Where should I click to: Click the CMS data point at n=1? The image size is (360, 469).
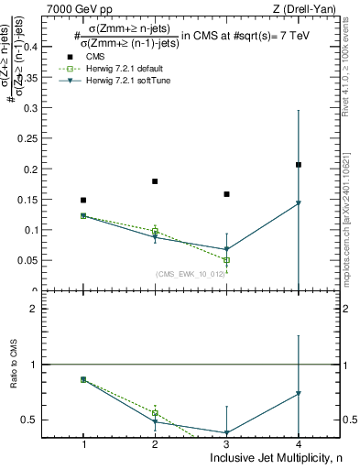pyautogui.click(x=83, y=200)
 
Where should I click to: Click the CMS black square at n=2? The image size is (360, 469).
pyautogui.click(x=155, y=181)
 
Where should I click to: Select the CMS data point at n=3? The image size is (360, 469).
pyautogui.click(x=226, y=194)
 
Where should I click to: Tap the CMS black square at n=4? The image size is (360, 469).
pyautogui.click(x=299, y=165)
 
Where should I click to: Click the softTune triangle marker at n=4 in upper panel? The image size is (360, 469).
pyautogui.click(x=299, y=203)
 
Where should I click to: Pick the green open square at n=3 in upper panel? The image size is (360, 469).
pyautogui.click(x=226, y=260)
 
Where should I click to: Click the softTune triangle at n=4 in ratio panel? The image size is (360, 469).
pyautogui.click(x=299, y=394)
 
